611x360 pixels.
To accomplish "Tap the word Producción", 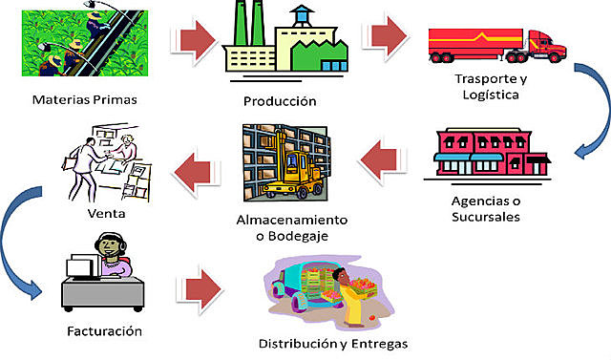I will tap(279, 101).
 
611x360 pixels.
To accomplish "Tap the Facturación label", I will tap(105, 330).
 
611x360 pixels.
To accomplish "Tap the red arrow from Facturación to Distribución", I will tap(200, 287).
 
